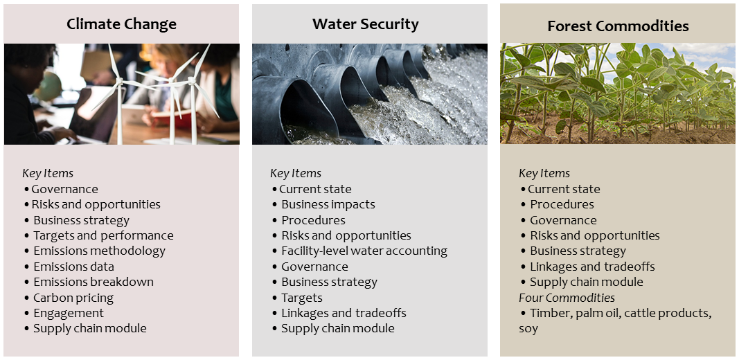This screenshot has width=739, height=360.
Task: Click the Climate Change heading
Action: (x=122, y=24)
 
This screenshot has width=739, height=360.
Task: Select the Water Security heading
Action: (x=365, y=24)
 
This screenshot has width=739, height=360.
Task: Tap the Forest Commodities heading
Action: (x=618, y=26)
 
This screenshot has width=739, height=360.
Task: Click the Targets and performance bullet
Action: (x=103, y=235)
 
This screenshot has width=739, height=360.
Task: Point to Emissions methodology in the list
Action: (x=100, y=251)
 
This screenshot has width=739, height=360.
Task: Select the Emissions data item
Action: (x=73, y=267)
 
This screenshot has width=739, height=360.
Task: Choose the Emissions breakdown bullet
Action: (x=94, y=282)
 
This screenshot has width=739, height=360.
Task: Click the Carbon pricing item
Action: (x=73, y=298)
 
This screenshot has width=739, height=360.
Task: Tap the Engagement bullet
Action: (x=69, y=314)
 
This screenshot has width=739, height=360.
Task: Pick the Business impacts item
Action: (x=328, y=204)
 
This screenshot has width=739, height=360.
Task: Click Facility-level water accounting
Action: (x=364, y=251)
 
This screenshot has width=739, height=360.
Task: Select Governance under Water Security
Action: (x=315, y=267)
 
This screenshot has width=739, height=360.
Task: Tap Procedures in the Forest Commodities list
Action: (x=562, y=204)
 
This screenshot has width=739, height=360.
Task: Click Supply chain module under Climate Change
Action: (x=90, y=328)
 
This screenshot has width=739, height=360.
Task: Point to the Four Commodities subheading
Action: (x=567, y=298)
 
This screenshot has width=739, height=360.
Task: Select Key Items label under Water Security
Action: (x=296, y=173)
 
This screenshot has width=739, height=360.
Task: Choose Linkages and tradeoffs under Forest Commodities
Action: (x=592, y=267)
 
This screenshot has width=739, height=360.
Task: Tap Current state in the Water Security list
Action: (x=315, y=189)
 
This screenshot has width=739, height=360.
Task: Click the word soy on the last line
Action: (x=528, y=329)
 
